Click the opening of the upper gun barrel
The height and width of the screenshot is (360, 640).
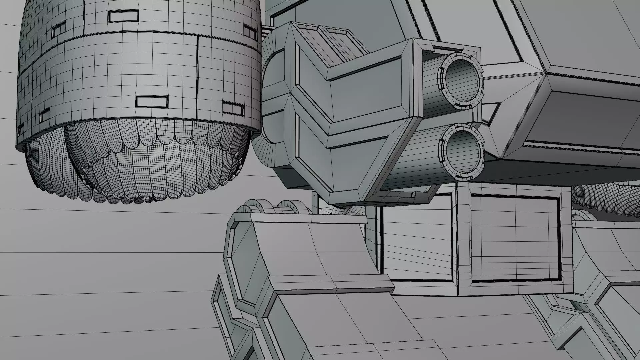[462, 80]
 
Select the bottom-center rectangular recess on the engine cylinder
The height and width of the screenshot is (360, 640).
[152, 101]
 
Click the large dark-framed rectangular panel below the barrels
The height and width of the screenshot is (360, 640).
[515, 238]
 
